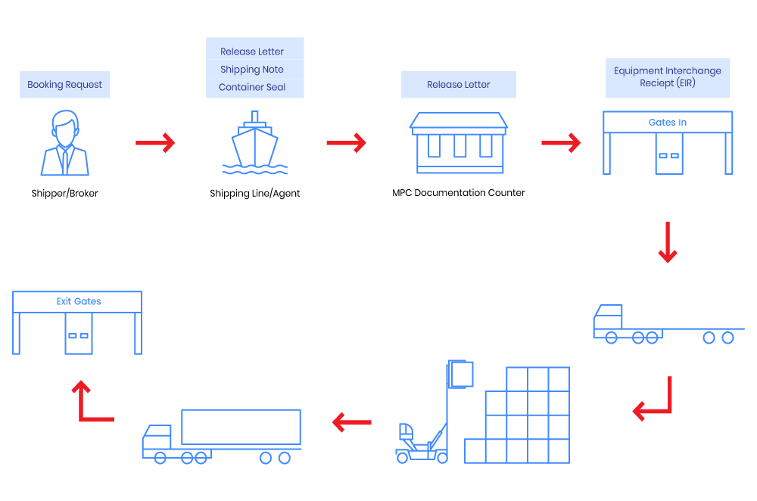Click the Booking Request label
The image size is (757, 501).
click(x=65, y=85)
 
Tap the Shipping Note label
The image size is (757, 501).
click(x=252, y=70)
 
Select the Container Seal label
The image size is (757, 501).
click(x=252, y=87)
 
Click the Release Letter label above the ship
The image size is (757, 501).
click(x=252, y=51)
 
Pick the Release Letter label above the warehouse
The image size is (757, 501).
click(x=458, y=85)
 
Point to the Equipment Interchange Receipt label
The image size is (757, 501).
click(x=668, y=77)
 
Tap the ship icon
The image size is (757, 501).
click(x=254, y=144)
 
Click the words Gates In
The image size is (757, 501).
click(x=668, y=123)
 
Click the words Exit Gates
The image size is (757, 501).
click(x=79, y=301)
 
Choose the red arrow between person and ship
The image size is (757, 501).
click(x=155, y=142)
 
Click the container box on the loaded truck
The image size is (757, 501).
click(x=241, y=427)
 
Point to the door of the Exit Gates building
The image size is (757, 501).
click(x=79, y=335)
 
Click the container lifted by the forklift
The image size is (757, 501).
click(x=460, y=374)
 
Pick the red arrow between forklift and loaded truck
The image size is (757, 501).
click(x=351, y=422)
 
